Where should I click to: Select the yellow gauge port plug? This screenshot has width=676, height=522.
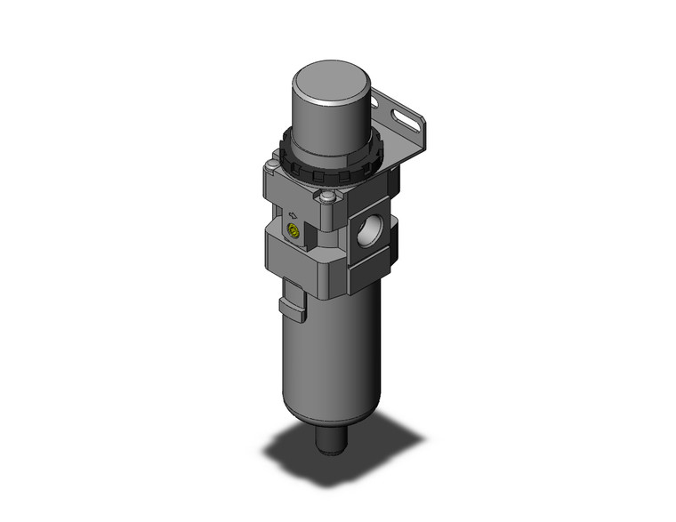coord(290,234)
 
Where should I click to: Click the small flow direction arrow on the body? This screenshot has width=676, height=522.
coord(293,214)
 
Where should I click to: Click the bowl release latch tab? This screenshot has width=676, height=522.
coord(292,309)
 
